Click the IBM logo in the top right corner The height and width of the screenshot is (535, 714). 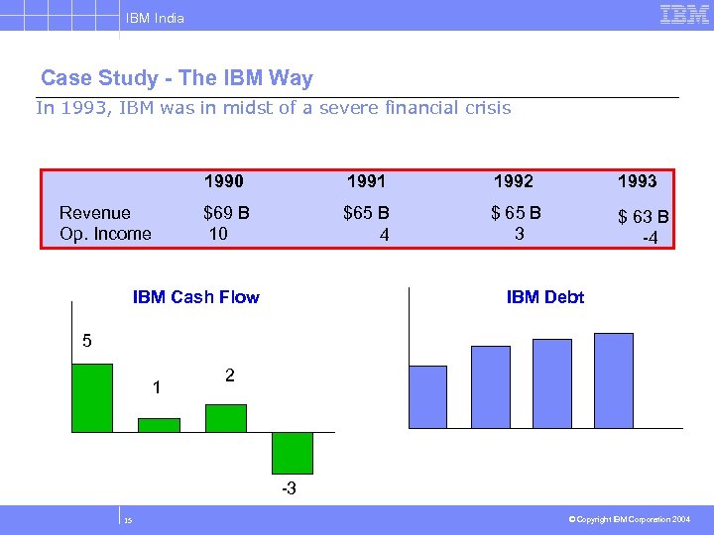pyautogui.click(x=683, y=15)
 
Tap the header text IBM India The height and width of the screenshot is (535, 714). pyautogui.click(x=155, y=18)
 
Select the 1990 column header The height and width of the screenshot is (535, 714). pyautogui.click(x=223, y=181)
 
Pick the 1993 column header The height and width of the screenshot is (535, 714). pyautogui.click(x=637, y=181)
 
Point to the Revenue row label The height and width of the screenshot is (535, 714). pyautogui.click(x=94, y=212)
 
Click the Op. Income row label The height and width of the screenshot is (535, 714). pyautogui.click(x=105, y=234)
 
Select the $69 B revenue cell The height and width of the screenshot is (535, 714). pyautogui.click(x=226, y=212)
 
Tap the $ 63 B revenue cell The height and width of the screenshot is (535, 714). pyautogui.click(x=643, y=217)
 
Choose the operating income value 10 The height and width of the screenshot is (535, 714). pyautogui.click(x=218, y=234)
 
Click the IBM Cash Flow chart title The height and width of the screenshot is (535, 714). pyautogui.click(x=195, y=297)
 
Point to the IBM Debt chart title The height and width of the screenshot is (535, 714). pyautogui.click(x=544, y=297)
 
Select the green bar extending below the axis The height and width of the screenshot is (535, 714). pyautogui.click(x=293, y=452)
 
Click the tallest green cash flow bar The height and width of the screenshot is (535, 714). pyautogui.click(x=92, y=397)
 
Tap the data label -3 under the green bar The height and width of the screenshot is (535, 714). pyautogui.click(x=288, y=489)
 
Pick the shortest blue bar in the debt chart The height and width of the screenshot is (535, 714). pyautogui.click(x=428, y=396)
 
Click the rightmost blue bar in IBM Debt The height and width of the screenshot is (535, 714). pyautogui.click(x=613, y=380)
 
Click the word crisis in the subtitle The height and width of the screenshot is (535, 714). pyautogui.click(x=483, y=108)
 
